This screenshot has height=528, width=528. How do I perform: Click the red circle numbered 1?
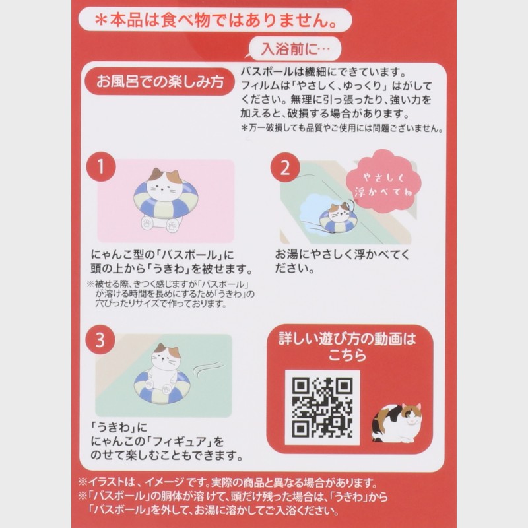[101, 167]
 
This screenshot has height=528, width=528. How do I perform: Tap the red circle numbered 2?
[285, 168]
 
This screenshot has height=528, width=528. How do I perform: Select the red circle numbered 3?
[100, 339]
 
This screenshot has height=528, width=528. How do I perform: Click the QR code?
[322, 407]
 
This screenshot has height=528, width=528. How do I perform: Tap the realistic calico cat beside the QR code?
[397, 422]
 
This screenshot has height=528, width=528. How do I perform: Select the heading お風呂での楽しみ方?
[160, 81]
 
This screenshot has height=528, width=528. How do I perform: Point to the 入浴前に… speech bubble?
[295, 49]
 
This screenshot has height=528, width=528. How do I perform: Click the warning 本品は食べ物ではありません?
[215, 20]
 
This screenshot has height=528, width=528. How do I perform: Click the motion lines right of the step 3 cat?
[207, 370]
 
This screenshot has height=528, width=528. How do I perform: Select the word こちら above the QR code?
[348, 355]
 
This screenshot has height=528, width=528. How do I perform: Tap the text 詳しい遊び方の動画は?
[348, 339]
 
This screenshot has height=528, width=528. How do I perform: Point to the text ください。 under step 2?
[294, 269]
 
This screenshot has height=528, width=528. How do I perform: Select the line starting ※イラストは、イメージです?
[228, 483]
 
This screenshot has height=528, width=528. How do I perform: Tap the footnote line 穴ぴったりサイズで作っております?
[160, 304]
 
